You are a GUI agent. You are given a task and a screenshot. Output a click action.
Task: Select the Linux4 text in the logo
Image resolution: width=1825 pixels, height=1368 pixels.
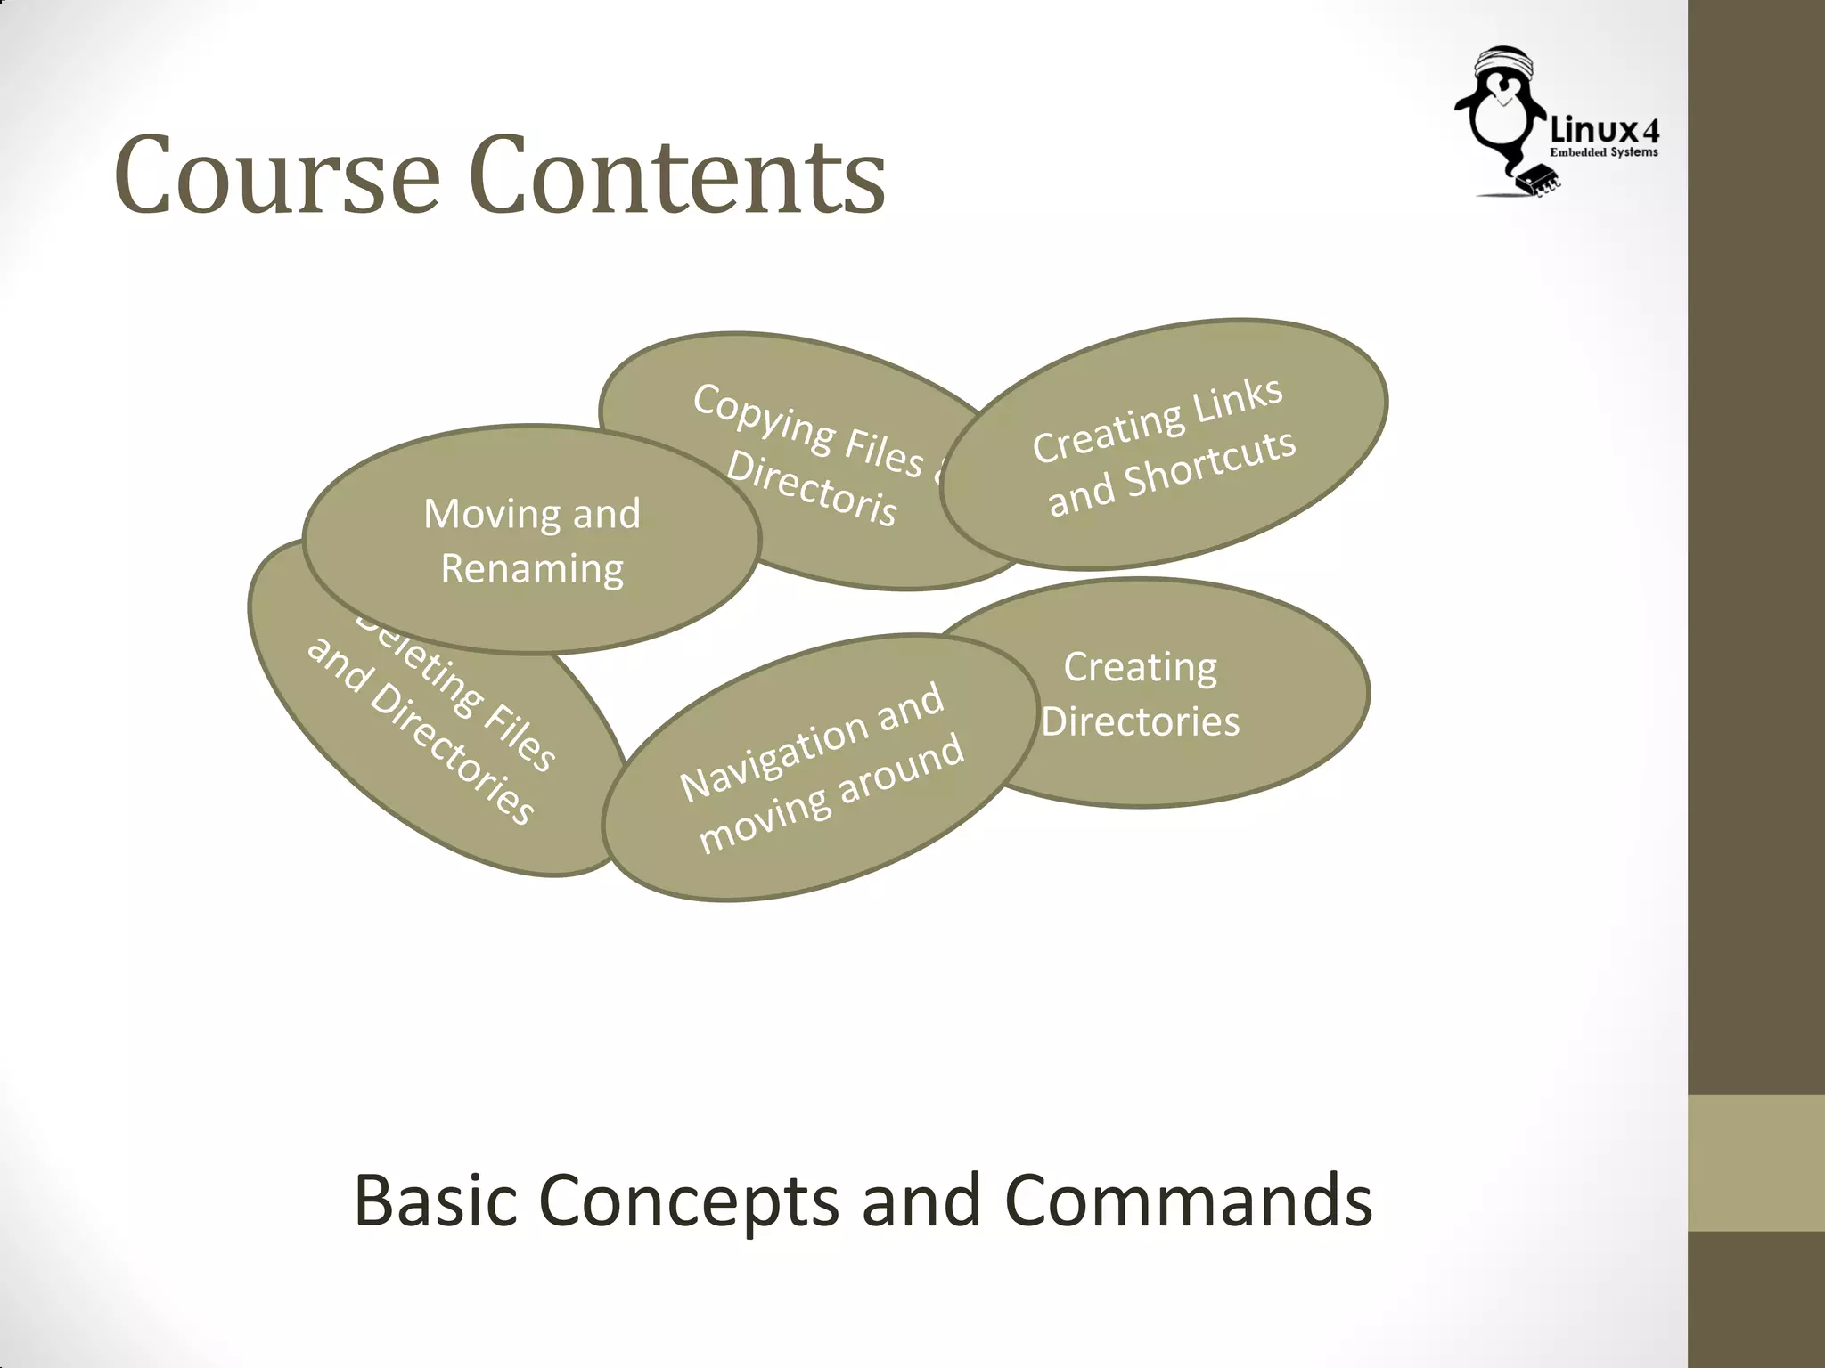pos(1605,132)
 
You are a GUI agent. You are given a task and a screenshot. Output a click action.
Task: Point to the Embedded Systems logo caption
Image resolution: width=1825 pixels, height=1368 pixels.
pos(1604,153)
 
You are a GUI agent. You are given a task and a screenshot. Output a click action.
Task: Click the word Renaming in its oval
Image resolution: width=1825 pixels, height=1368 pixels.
pos(532,569)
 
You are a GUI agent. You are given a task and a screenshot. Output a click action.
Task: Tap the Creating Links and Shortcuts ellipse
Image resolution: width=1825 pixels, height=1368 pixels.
pos(1164,444)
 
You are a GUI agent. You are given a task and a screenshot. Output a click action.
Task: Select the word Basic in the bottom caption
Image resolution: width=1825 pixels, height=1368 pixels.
pos(435,1201)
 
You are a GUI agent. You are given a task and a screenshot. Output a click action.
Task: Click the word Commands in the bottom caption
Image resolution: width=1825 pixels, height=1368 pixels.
pos(1188,1201)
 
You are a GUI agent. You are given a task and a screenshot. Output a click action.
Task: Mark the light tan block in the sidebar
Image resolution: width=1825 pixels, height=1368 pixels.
pos(1755,1163)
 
